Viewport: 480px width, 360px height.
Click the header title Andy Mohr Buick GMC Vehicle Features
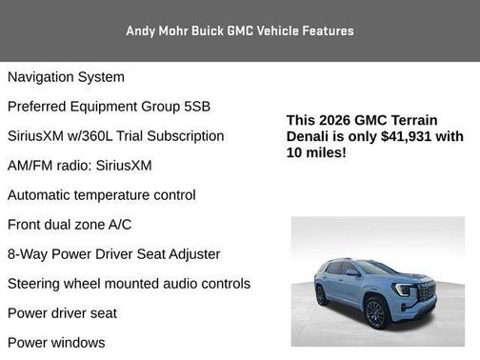240,30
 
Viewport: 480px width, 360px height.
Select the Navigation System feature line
66,76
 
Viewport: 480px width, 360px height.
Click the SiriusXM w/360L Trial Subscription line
115,136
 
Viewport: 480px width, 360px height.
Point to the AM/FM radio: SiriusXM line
79,166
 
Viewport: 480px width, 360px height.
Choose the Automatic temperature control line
101,195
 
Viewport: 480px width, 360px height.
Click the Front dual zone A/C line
70,225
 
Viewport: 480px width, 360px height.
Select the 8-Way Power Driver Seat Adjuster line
113,254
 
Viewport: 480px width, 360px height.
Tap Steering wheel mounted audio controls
129,284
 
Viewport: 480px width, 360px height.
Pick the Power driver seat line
62,313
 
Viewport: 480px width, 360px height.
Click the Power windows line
56,342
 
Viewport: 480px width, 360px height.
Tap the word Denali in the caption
310,136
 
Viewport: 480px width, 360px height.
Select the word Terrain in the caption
412,120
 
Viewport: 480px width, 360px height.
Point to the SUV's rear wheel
321,296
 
